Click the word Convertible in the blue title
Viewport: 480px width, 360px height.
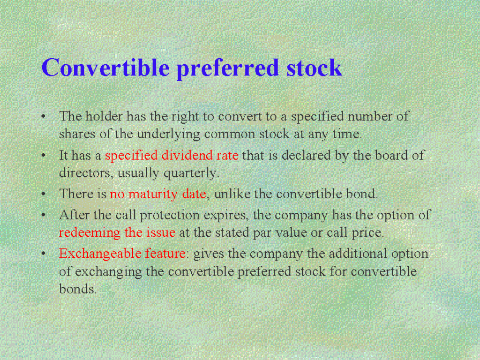pyautogui.click(x=105, y=67)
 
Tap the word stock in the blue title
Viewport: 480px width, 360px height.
pyautogui.click(x=314, y=67)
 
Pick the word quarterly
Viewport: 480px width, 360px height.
pyautogui.click(x=191, y=173)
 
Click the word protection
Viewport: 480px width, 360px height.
pyautogui.click(x=170, y=215)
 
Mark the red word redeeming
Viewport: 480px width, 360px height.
pyautogui.click(x=90, y=233)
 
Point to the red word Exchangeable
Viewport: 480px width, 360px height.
pyautogui.click(x=100, y=254)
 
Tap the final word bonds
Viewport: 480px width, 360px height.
pyautogui.click(x=78, y=289)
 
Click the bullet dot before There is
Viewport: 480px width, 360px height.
pyautogui.click(x=44, y=194)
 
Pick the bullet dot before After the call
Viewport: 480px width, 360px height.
pyautogui.click(x=44, y=215)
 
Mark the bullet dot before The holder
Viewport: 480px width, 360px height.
pyautogui.click(x=44, y=116)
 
